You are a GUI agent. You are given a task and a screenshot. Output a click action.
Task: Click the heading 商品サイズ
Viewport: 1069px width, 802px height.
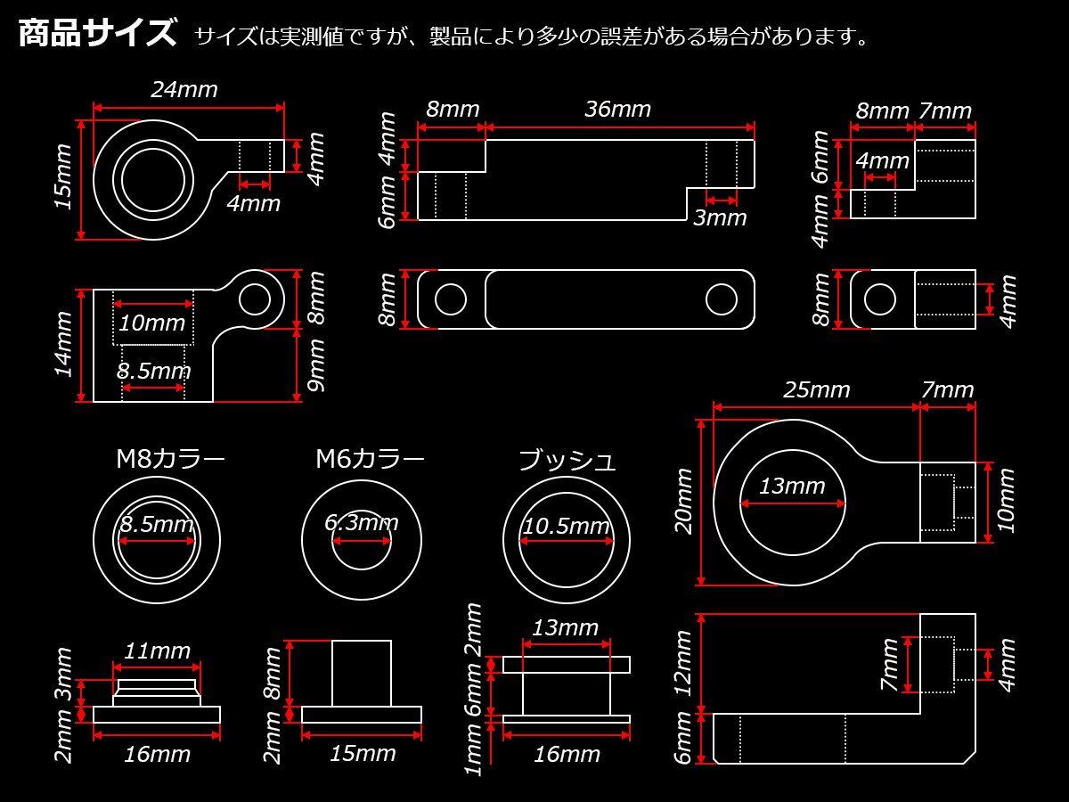click(97, 34)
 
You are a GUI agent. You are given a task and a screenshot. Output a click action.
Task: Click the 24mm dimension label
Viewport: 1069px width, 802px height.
click(184, 90)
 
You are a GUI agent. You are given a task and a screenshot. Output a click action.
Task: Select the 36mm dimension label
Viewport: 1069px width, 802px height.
click(617, 109)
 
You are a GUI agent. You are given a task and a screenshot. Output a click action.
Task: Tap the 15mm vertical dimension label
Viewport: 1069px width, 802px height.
click(64, 176)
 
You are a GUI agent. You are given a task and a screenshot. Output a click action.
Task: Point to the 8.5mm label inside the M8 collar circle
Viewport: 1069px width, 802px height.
click(157, 525)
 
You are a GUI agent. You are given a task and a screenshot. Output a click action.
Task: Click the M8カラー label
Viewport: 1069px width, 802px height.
click(170, 459)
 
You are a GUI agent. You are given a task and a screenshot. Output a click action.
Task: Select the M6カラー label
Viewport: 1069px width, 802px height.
click(370, 459)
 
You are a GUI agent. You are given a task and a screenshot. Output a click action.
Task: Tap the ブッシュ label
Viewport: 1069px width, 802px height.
click(567, 460)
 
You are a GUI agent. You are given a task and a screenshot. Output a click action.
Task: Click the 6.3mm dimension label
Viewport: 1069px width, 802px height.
click(362, 523)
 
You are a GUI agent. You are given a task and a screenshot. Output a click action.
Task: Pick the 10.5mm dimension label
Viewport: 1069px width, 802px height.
click(567, 527)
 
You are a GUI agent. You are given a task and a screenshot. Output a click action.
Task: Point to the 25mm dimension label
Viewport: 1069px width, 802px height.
click(817, 390)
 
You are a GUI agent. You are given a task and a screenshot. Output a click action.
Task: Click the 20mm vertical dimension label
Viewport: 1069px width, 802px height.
click(684, 502)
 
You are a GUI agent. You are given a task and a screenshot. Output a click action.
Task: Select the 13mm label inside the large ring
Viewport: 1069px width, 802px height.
click(792, 486)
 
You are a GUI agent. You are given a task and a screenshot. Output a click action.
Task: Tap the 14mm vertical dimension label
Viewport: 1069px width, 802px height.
click(64, 345)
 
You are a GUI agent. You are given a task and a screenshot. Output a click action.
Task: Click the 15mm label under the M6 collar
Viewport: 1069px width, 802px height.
click(363, 754)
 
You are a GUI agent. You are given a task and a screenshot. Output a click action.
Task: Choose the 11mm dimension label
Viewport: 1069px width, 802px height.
click(158, 651)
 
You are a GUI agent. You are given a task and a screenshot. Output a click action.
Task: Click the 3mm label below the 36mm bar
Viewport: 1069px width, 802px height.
click(720, 217)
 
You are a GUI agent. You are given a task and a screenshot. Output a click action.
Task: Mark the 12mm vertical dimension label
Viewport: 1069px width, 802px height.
click(683, 663)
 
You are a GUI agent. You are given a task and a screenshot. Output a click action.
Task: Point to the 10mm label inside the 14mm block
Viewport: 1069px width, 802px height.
click(152, 323)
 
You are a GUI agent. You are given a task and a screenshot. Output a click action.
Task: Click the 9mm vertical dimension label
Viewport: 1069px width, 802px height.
click(316, 365)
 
